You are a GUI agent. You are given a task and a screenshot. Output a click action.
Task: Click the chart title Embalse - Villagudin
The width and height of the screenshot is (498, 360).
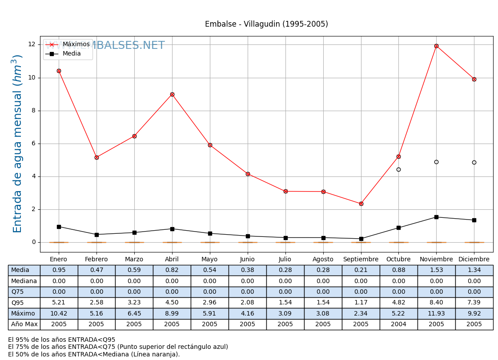pos(266,24)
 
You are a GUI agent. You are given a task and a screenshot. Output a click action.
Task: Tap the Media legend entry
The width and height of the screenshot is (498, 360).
pos(72,54)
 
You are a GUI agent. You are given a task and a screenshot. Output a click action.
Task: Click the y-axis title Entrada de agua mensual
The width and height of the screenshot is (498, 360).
pos(17,144)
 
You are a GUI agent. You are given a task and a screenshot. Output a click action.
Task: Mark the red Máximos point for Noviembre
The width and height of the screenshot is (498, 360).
pos(436,46)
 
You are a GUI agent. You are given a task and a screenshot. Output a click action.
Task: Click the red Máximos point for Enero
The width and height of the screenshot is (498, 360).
pos(59,71)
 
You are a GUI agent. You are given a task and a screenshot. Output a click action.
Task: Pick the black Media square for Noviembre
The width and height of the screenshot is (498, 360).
pos(436,217)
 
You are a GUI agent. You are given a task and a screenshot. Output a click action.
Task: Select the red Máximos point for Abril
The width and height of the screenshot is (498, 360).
pos(172,94)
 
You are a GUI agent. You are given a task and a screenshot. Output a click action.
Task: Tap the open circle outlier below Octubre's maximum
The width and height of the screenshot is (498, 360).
pos(398,169)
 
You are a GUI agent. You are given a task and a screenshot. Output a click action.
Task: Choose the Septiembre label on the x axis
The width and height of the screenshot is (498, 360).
pos(361,260)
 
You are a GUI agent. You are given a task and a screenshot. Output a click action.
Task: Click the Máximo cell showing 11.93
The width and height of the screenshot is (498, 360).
pos(436,313)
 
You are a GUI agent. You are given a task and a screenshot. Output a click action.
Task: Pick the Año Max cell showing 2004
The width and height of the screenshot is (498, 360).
pos(398,324)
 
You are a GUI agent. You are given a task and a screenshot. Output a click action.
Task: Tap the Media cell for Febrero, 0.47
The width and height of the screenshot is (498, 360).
pos(96,270)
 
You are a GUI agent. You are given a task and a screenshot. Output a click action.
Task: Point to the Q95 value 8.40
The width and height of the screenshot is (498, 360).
pos(436,303)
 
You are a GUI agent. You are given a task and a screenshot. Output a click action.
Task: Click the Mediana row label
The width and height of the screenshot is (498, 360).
pos(24,281)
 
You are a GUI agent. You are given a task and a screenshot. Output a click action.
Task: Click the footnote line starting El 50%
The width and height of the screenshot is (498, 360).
pos(94,354)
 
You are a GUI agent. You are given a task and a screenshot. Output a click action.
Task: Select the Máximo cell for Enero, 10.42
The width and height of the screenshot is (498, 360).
pos(59,313)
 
